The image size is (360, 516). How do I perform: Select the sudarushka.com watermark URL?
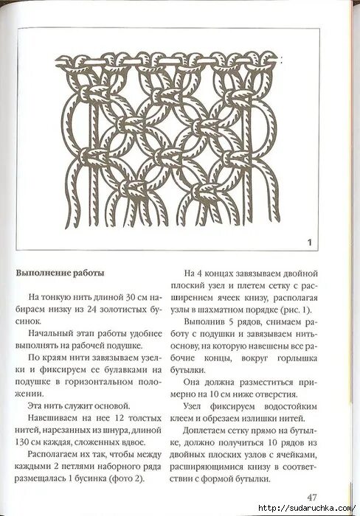307,509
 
